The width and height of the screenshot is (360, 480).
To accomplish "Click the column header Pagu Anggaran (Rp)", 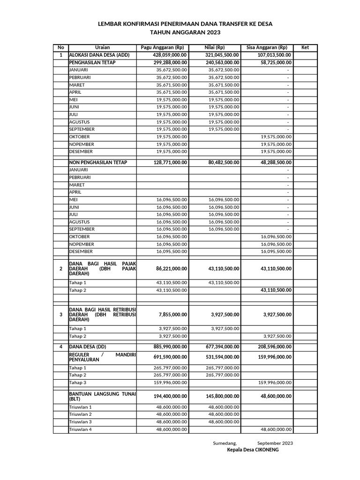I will [x=162, y=47].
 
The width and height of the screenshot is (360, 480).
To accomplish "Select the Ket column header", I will [x=305, y=47].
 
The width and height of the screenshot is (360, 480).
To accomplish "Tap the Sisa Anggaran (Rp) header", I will [x=267, y=47].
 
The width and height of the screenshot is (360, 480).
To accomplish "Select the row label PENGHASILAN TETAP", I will [x=92, y=62].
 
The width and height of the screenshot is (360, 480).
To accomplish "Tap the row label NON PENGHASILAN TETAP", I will [x=98, y=162].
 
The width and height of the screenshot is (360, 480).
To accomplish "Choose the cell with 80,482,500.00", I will [x=224, y=162].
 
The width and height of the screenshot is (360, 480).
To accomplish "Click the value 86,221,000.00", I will [x=172, y=269].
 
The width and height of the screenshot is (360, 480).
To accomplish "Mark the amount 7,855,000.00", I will [x=173, y=315].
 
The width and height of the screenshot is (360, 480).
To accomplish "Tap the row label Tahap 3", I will [x=78, y=382].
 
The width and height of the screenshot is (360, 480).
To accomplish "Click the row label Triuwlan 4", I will [x=81, y=429].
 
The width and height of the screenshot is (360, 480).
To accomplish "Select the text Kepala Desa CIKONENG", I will [x=259, y=450].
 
